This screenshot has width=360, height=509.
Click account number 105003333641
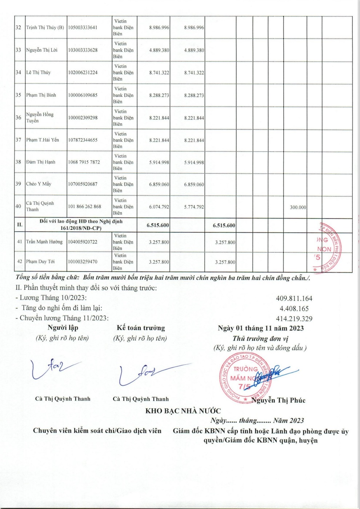(83, 28)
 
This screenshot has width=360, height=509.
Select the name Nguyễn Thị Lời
(41, 50)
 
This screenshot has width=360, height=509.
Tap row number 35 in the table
(18, 95)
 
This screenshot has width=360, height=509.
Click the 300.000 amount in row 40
(298, 207)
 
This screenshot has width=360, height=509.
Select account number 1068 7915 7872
(84, 162)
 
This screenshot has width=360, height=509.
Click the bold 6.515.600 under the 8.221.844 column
(158, 225)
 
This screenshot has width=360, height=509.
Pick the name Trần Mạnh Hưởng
(44, 242)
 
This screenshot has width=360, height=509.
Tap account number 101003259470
(83, 262)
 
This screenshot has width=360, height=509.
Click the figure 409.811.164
(294, 298)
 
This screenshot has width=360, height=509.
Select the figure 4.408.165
(294, 309)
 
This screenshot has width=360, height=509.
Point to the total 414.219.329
(294, 319)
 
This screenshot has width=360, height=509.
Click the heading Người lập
(63, 328)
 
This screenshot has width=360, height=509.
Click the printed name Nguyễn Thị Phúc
(278, 400)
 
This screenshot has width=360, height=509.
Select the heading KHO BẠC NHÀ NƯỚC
(183, 411)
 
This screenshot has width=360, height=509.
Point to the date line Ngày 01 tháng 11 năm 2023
(260, 328)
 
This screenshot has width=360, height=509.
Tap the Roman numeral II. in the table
(20, 225)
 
